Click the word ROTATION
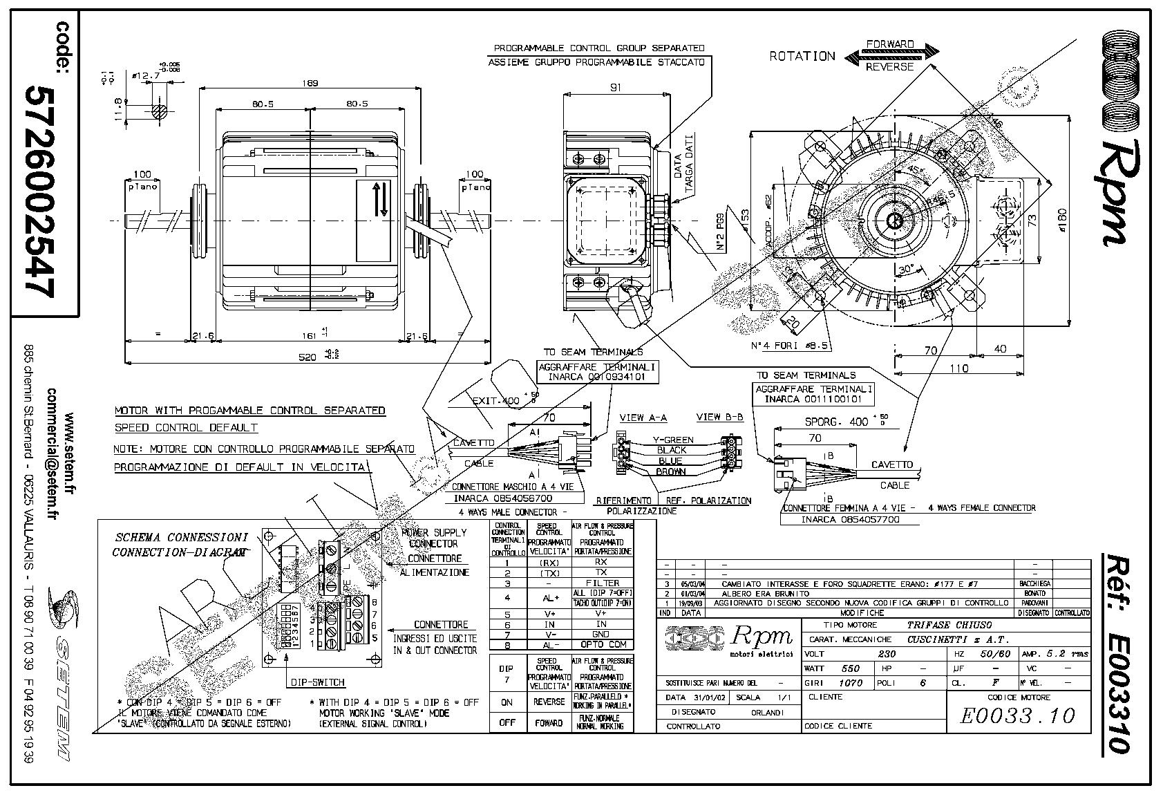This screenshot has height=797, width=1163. (802, 56)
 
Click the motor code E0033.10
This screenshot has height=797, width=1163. (1018, 715)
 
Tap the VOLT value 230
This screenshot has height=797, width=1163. (886, 653)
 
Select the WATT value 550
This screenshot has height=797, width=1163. (851, 668)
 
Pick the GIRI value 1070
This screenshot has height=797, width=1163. (851, 683)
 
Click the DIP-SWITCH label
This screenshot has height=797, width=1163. (317, 682)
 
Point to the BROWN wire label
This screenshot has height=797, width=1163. (671, 472)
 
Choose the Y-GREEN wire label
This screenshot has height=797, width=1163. (672, 440)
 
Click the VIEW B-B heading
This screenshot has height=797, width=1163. (719, 417)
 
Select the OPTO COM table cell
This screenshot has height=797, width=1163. (602, 644)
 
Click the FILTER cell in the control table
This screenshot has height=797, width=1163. (602, 583)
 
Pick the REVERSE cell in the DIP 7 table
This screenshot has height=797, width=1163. (549, 702)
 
